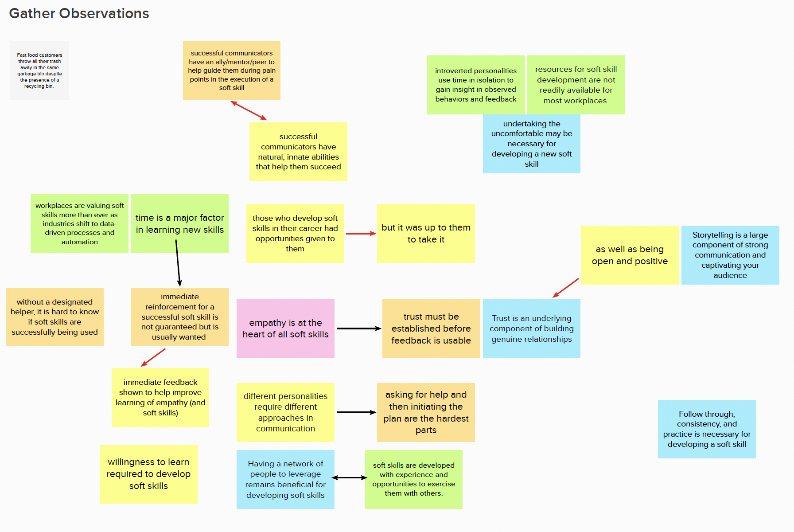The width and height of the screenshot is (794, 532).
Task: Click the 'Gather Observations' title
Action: [x=79, y=13]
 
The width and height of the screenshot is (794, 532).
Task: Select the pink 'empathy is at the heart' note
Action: [x=285, y=329]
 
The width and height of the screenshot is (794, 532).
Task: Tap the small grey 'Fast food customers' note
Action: [x=39, y=70]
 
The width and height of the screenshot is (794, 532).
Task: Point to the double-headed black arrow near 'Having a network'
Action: [x=350, y=477]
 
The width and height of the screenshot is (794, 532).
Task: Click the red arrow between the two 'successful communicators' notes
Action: [x=249, y=110]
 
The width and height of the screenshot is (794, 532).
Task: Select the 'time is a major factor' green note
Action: [x=179, y=223]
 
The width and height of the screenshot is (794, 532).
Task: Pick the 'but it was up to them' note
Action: [x=426, y=233]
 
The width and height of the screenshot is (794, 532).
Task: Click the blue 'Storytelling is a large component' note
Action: [x=730, y=255]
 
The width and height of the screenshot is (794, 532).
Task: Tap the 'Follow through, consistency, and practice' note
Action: [x=707, y=429]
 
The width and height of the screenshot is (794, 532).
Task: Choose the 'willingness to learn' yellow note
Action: [x=148, y=474]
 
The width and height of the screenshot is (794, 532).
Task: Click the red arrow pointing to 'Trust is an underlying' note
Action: [x=566, y=288]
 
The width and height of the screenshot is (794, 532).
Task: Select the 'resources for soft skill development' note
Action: [x=576, y=85]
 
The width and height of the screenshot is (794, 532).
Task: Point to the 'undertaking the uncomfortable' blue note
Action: [x=531, y=144]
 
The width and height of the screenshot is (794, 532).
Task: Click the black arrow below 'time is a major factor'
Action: [x=178, y=262]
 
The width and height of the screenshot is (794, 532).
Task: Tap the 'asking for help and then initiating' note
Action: [x=426, y=412]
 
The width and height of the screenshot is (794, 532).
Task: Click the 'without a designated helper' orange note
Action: [x=54, y=317]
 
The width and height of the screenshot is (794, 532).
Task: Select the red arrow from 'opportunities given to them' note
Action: [x=360, y=233]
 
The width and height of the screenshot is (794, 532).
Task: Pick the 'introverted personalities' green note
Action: [x=476, y=85]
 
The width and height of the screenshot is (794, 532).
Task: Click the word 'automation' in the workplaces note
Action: [x=80, y=242]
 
